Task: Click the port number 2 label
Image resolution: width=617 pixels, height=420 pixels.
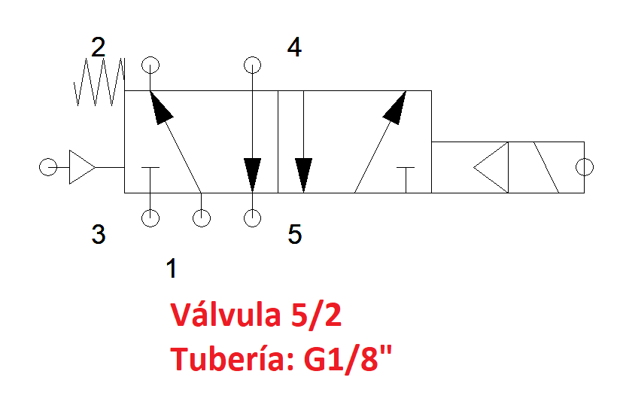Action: [x=98, y=47]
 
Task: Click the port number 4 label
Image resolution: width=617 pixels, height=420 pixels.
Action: [x=294, y=47]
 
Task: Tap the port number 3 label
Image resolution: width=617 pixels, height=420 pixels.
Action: [x=99, y=234]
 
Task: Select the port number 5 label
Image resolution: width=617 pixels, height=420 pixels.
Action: [x=295, y=234]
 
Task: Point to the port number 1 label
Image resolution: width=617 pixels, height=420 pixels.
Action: [x=172, y=269]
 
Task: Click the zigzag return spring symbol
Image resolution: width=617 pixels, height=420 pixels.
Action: [x=99, y=82]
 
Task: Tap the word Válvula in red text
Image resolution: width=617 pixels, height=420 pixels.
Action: [x=226, y=315]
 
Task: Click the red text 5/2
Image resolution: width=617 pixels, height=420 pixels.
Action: [x=316, y=315]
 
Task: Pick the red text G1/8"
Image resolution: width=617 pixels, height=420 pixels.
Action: [x=348, y=358]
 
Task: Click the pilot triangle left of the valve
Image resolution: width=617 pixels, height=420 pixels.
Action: [x=82, y=167]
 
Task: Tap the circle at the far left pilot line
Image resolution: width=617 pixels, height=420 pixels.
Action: [x=48, y=167]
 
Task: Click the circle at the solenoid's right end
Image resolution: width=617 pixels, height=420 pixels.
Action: [x=585, y=167]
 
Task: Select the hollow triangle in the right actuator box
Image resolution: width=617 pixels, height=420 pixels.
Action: [x=491, y=167]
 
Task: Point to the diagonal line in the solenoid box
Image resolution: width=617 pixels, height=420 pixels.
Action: [x=546, y=167]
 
